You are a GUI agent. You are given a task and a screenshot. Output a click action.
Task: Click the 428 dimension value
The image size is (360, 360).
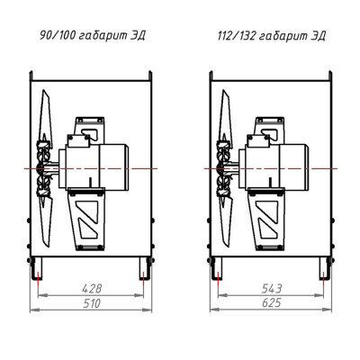[x=92, y=289]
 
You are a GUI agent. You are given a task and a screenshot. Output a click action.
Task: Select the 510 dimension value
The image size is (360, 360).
[x=92, y=303]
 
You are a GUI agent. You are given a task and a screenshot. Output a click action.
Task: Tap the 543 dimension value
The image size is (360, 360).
[x=272, y=289]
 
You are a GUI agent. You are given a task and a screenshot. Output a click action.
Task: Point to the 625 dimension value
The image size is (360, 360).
[x=272, y=302]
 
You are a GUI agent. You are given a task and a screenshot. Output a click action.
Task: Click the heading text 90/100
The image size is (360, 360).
[x=58, y=36]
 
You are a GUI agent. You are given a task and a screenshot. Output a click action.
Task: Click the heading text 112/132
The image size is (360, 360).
[x=237, y=36]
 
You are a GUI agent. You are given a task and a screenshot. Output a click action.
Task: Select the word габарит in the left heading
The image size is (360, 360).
[x=102, y=36]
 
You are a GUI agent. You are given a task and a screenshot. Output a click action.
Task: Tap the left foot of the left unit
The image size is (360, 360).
[x=36, y=268]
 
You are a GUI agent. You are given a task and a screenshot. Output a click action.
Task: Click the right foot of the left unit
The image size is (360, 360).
[x=145, y=268]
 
